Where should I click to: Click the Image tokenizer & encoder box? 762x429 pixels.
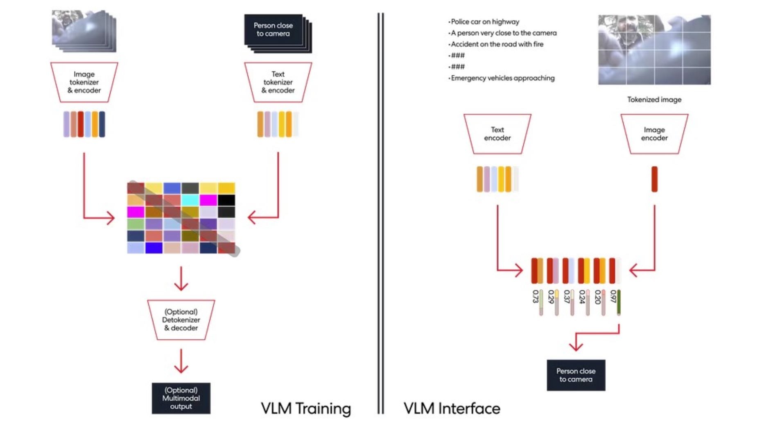pyautogui.click(x=84, y=82)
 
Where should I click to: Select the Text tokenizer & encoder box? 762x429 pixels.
pyautogui.click(x=278, y=82)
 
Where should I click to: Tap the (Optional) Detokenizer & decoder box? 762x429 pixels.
pyautogui.click(x=181, y=320)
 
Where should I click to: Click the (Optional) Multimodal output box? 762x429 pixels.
pyautogui.click(x=181, y=398)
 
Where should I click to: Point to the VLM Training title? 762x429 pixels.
pyautogui.click(x=306, y=409)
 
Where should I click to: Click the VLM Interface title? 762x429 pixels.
pyautogui.click(x=452, y=409)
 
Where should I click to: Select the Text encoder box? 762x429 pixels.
pyautogui.click(x=497, y=134)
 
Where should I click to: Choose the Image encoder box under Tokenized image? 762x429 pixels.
pyautogui.click(x=654, y=134)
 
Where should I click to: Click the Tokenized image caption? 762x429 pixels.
pyautogui.click(x=654, y=99)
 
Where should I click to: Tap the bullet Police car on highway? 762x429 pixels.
pyautogui.click(x=485, y=22)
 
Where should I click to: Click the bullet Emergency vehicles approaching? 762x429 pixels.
pyautogui.click(x=502, y=78)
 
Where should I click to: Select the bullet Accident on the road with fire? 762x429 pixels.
pyautogui.click(x=497, y=44)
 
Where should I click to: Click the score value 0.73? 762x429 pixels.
pyautogui.click(x=535, y=296)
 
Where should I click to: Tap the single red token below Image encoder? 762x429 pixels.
pyautogui.click(x=654, y=179)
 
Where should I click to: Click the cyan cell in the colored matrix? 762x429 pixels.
pyautogui.click(x=190, y=200)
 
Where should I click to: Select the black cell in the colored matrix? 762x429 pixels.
pyautogui.click(x=226, y=200)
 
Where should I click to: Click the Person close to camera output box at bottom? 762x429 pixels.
pyautogui.click(x=576, y=375)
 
